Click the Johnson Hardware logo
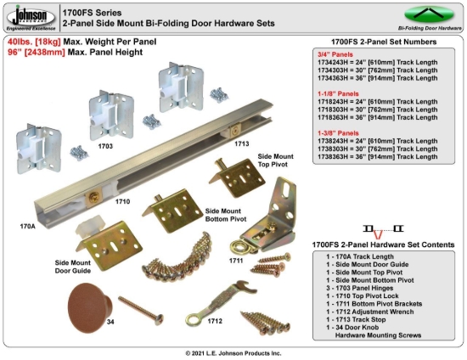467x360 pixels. (29, 17)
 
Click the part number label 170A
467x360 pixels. (27, 227)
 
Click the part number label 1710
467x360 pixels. (122, 202)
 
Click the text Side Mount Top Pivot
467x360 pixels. (278, 162)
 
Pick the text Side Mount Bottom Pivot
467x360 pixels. (227, 214)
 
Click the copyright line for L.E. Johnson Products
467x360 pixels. (233, 352)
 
